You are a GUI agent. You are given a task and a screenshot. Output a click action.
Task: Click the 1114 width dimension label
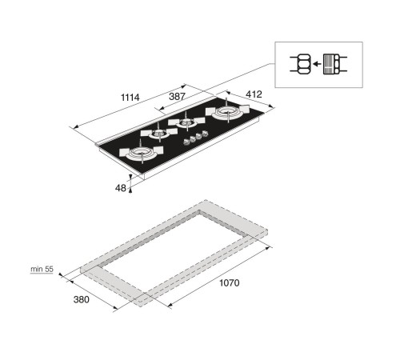[130, 98]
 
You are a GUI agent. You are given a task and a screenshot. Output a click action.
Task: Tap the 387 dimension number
[177, 96]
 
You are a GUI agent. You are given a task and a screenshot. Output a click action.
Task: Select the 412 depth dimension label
[254, 94]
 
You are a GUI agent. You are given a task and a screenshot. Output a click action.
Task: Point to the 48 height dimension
[121, 188]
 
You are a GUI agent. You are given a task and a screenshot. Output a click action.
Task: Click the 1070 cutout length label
[230, 282]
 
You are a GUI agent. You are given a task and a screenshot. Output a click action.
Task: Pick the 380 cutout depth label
[82, 299]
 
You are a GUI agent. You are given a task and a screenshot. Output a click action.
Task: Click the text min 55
[42, 269]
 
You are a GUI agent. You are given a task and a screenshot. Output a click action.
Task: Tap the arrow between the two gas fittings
[317, 64]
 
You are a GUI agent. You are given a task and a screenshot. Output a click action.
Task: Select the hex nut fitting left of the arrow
[303, 64]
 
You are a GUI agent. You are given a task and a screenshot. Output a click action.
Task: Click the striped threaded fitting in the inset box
[331, 64]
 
